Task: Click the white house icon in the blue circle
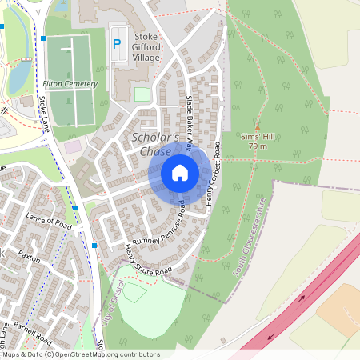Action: [x=180, y=173]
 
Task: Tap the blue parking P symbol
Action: [x=117, y=45]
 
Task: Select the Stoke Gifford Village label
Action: [x=146, y=47]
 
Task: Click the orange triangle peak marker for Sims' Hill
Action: [x=258, y=127]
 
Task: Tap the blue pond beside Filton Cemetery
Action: [x=18, y=75]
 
